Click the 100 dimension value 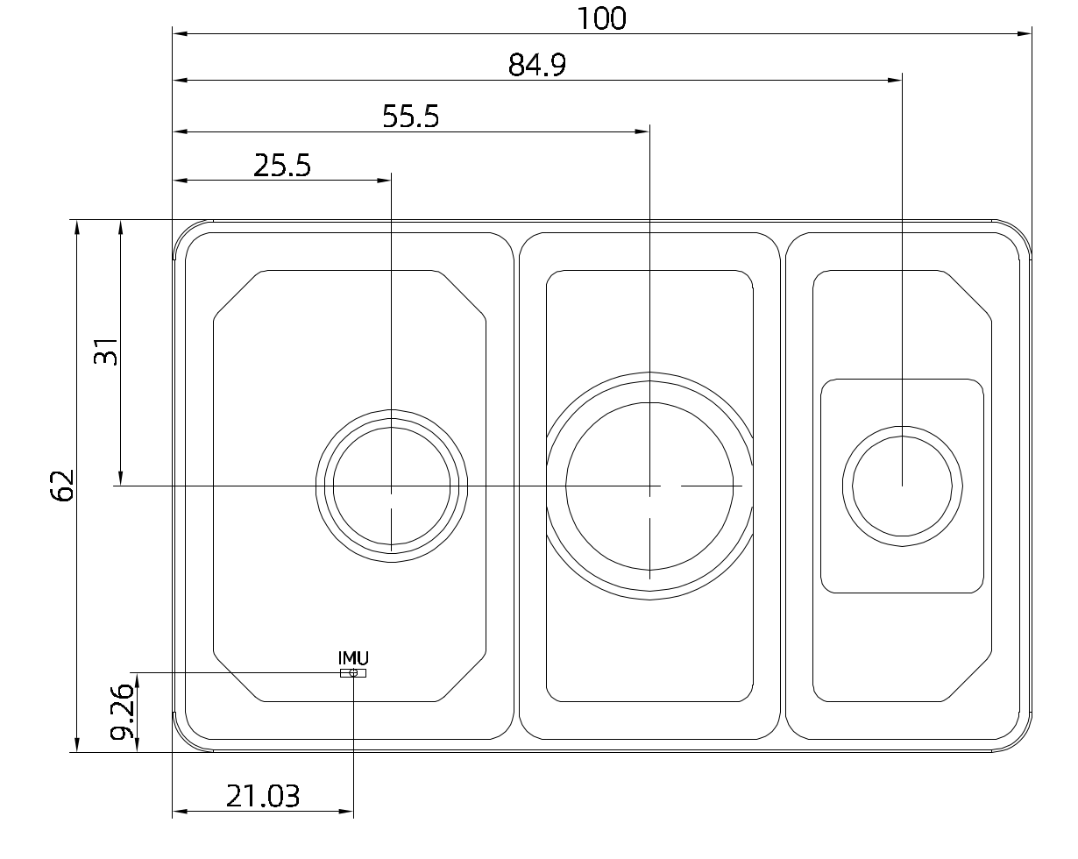coord(601,18)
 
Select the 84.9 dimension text coord(537,65)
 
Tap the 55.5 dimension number coord(411,117)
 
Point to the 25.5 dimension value coord(282,166)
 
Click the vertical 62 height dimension coord(62,485)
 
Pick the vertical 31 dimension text coord(106,351)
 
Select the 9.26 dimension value coord(122,712)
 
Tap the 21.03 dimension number coord(263,796)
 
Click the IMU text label coord(353,657)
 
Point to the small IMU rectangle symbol coord(353,673)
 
